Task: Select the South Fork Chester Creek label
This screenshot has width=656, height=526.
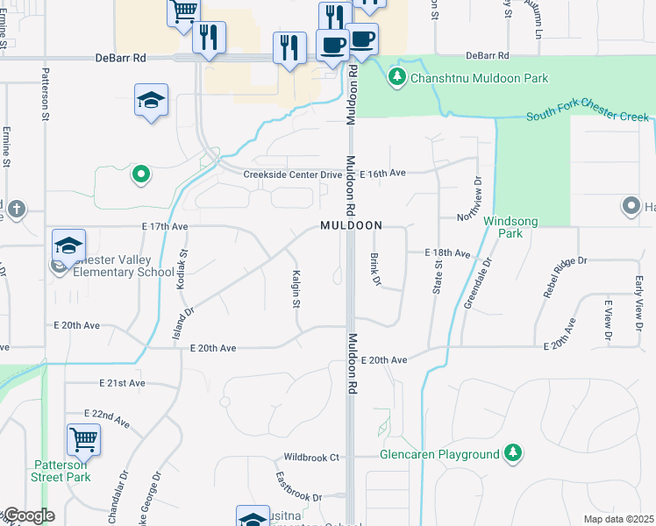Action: click(x=587, y=117)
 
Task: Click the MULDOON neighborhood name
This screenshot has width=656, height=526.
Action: click(x=351, y=225)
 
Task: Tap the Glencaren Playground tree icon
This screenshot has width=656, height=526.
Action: click(x=513, y=453)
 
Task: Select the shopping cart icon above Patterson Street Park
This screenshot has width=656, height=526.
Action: click(x=83, y=438)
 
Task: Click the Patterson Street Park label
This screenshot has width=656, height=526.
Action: click(x=61, y=471)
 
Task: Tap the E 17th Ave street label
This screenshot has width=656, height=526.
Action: click(x=166, y=225)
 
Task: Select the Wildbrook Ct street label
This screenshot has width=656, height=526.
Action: click(x=310, y=458)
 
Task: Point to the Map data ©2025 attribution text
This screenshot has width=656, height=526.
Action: click(x=618, y=519)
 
